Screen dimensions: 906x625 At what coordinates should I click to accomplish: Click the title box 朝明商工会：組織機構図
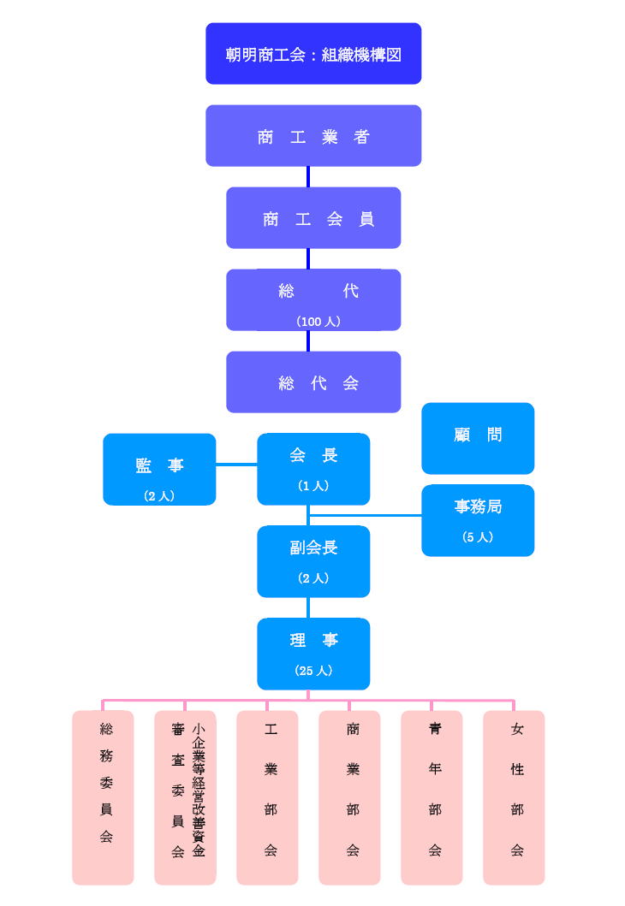(x=313, y=54)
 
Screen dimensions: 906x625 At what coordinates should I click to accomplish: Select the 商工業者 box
(x=313, y=136)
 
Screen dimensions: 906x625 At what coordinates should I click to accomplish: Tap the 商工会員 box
(x=313, y=218)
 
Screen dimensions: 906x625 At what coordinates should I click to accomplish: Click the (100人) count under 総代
(x=318, y=322)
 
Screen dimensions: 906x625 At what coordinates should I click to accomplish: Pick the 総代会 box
(x=313, y=382)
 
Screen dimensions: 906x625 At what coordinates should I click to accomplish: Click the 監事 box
(x=159, y=470)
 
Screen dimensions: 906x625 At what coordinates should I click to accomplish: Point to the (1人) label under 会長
(x=313, y=486)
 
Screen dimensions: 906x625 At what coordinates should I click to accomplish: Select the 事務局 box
(x=478, y=520)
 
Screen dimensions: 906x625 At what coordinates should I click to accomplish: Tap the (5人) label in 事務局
(x=478, y=537)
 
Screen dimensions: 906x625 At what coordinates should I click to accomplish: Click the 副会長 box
(x=313, y=561)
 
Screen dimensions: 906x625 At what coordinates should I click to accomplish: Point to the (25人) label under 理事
(x=313, y=671)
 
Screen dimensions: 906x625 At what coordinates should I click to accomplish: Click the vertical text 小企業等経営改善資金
(x=198, y=791)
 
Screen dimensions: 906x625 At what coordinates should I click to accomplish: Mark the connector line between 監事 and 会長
(x=236, y=465)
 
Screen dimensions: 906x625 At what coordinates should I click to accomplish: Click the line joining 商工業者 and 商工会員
(x=308, y=176)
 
